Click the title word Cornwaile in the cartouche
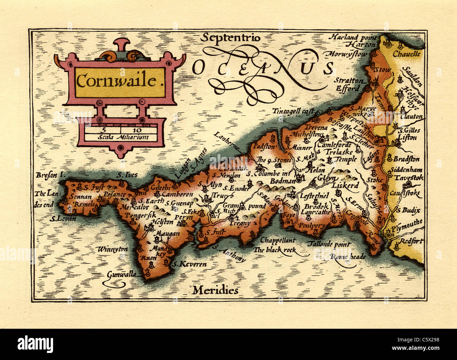click(116, 81)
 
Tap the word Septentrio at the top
click(231, 38)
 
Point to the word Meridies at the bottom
click(215, 290)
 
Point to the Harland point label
click(353, 37)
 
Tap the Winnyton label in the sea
click(113, 249)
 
